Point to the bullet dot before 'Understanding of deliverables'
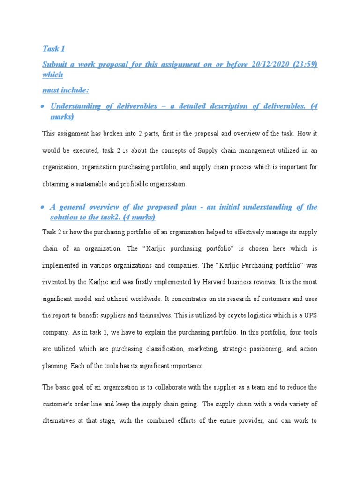pos(43,106)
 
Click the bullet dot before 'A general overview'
pos(43,207)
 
